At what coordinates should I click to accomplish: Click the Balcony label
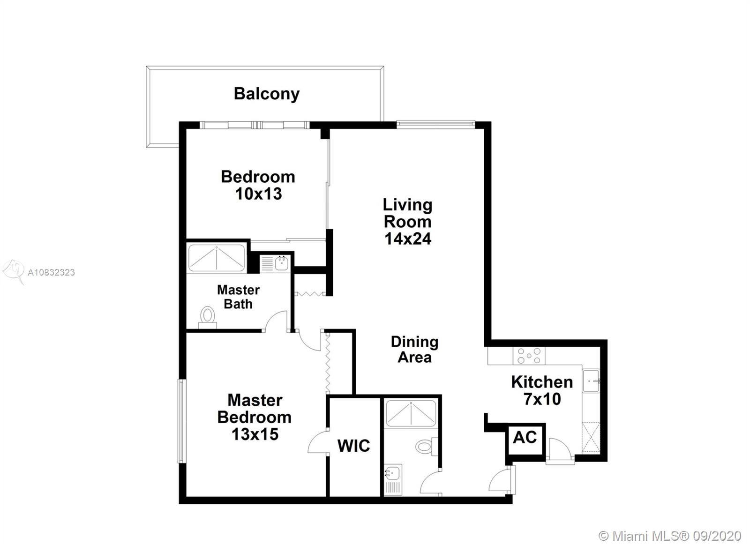point(267,94)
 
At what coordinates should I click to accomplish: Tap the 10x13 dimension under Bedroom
point(258,194)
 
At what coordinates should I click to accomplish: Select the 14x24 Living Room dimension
point(407,239)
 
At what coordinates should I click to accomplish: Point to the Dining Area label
point(414,349)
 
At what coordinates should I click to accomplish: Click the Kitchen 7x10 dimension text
point(542,399)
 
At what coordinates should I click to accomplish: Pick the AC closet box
point(525,439)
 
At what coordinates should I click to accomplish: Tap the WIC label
point(353,446)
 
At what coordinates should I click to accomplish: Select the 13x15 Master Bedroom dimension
point(255,434)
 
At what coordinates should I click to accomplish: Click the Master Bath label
point(238,297)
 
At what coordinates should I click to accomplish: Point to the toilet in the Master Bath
point(207,317)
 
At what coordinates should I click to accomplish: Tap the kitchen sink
point(591,381)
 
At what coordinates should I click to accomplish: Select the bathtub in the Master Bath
point(217,258)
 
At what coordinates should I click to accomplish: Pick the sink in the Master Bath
point(282,263)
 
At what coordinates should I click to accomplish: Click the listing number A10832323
point(51,272)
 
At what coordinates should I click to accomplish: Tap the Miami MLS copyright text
point(670,536)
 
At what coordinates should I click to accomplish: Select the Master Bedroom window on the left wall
point(181,421)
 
